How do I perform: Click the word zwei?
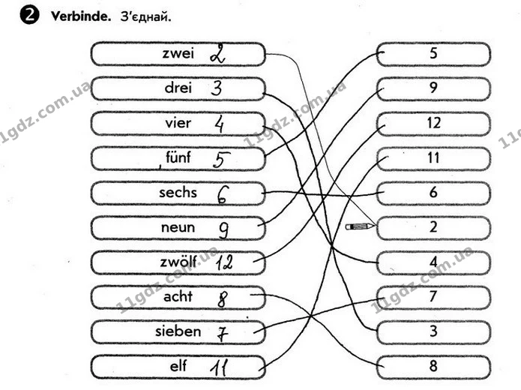click(x=178, y=53)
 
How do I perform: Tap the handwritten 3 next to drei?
click(x=217, y=88)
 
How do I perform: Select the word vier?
click(x=178, y=123)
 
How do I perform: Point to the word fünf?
click(x=178, y=157)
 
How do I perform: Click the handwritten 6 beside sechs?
click(x=223, y=194)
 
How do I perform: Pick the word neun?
click(x=178, y=227)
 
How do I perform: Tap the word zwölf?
click(x=178, y=262)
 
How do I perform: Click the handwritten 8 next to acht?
click(x=223, y=299)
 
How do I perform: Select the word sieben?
click(x=178, y=331)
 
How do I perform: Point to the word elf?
click(x=178, y=366)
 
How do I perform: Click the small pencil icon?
click(x=360, y=226)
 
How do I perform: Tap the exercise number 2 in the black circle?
click(x=29, y=16)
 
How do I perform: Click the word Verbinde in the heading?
click(x=81, y=16)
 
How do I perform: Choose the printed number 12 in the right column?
click(x=433, y=123)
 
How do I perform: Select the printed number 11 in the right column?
click(x=433, y=157)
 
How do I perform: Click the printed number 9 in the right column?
click(x=433, y=88)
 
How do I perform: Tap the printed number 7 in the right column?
click(x=433, y=296)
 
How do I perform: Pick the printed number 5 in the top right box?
click(x=433, y=53)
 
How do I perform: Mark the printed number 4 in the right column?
click(x=433, y=262)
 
